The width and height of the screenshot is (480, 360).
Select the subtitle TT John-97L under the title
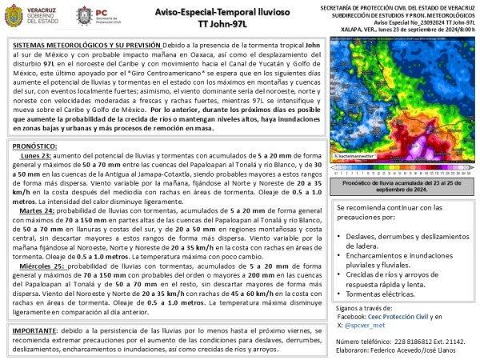coord(224,25)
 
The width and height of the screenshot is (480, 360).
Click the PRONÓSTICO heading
coord(40,146)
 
